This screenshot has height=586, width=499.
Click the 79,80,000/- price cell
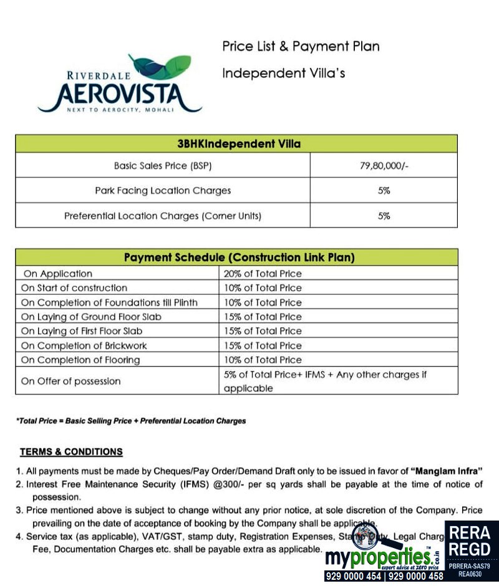(x=384, y=166)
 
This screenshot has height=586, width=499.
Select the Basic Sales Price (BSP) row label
(x=163, y=166)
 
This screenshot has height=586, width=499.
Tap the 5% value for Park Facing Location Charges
(x=384, y=191)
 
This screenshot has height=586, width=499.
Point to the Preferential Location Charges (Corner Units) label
(x=163, y=216)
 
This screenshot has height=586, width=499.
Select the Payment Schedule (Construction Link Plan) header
(x=239, y=257)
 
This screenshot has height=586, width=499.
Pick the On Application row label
(x=57, y=274)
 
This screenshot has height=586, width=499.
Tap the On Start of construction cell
(x=74, y=288)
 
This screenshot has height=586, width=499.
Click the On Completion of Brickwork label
(x=84, y=345)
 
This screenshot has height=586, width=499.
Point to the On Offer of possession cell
(x=71, y=381)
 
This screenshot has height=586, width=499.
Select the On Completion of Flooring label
(x=80, y=360)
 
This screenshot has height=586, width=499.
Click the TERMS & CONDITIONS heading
(x=71, y=452)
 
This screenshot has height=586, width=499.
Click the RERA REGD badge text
(x=471, y=541)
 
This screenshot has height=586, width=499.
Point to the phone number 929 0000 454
(x=353, y=577)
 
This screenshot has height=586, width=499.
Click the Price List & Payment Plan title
(x=301, y=46)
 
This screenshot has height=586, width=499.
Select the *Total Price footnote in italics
(x=131, y=421)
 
